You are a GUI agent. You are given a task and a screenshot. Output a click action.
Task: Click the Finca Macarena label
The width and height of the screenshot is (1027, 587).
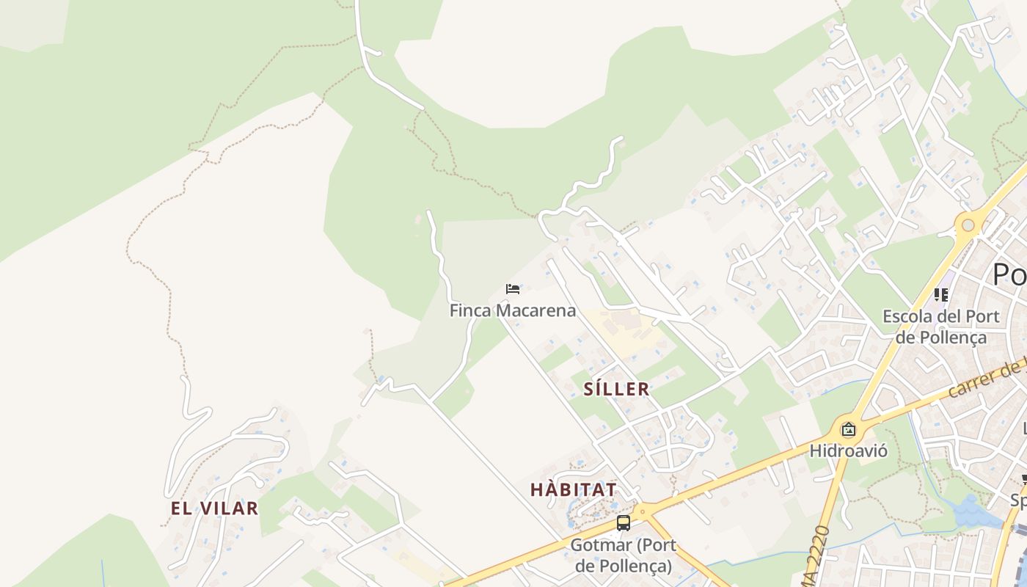[x=512, y=310]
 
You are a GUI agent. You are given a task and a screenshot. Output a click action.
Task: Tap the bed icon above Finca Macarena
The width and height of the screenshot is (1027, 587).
[x=513, y=289]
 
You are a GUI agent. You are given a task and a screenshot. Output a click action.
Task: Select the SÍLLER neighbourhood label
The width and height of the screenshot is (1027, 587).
[x=616, y=389]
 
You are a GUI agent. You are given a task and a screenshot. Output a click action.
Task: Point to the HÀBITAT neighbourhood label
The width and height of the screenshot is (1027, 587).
[x=573, y=489]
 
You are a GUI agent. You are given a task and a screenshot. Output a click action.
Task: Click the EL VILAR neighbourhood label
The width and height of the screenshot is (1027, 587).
[x=214, y=508]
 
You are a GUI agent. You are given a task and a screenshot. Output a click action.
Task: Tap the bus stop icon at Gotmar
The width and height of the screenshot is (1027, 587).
[x=624, y=523]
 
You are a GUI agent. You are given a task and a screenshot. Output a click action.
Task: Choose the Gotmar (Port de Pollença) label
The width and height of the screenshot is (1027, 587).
[x=624, y=555]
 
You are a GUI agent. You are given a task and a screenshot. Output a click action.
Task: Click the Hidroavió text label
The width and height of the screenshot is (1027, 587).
[x=848, y=450]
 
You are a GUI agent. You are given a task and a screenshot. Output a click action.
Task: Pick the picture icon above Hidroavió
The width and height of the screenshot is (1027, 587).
[x=849, y=429]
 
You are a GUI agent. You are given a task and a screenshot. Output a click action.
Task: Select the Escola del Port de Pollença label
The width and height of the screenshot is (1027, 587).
[x=940, y=327]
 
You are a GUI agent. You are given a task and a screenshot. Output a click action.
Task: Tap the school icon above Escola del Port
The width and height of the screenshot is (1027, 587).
[x=941, y=295]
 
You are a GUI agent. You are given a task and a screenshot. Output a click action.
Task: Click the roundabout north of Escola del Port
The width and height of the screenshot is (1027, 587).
[x=968, y=225]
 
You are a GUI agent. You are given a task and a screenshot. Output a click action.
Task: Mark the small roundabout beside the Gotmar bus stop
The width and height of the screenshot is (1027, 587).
[x=643, y=510]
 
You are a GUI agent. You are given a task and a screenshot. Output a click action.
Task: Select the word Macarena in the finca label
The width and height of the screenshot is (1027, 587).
[x=536, y=310]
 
